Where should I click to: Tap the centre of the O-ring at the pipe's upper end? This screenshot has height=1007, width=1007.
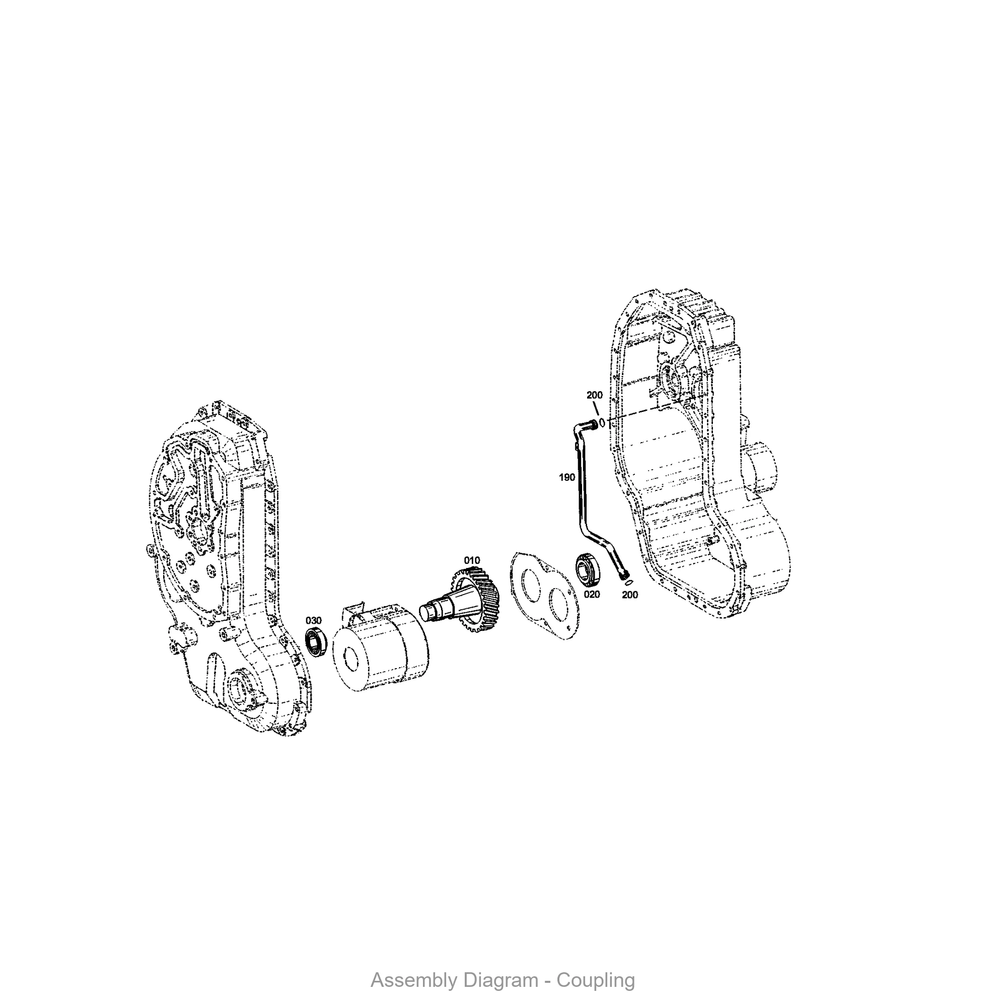pos(603,423)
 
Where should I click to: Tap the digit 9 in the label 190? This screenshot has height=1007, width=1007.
pos(567,477)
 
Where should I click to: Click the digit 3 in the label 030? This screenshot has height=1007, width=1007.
pos(314,620)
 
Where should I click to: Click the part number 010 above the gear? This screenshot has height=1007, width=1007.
pos(472,560)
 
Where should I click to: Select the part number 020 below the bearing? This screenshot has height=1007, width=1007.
pos(592,594)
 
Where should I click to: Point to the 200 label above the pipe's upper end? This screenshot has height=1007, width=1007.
pos(594,395)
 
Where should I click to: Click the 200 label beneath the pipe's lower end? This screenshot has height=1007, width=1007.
pos(630,595)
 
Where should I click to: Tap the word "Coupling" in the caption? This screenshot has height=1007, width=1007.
pos(596,980)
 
